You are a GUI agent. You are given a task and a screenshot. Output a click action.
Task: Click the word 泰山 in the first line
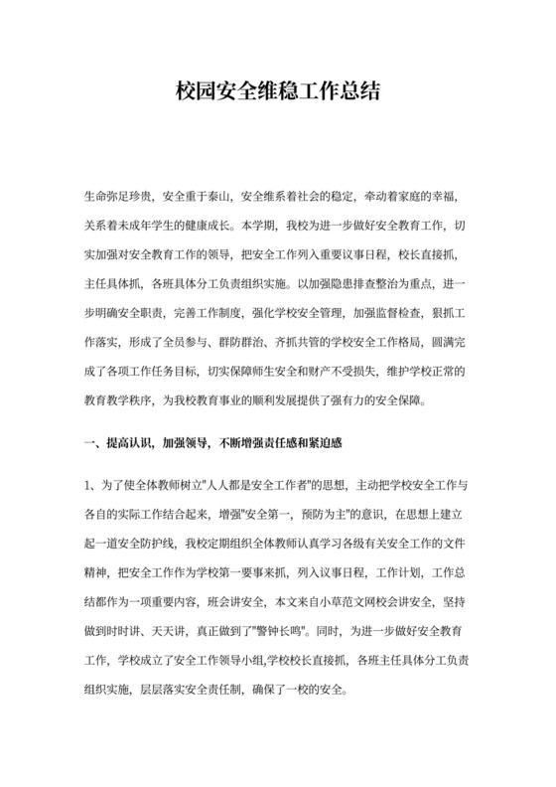pyautogui.click(x=217, y=198)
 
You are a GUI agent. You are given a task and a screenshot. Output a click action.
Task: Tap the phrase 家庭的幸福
pyautogui.click(x=436, y=198)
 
